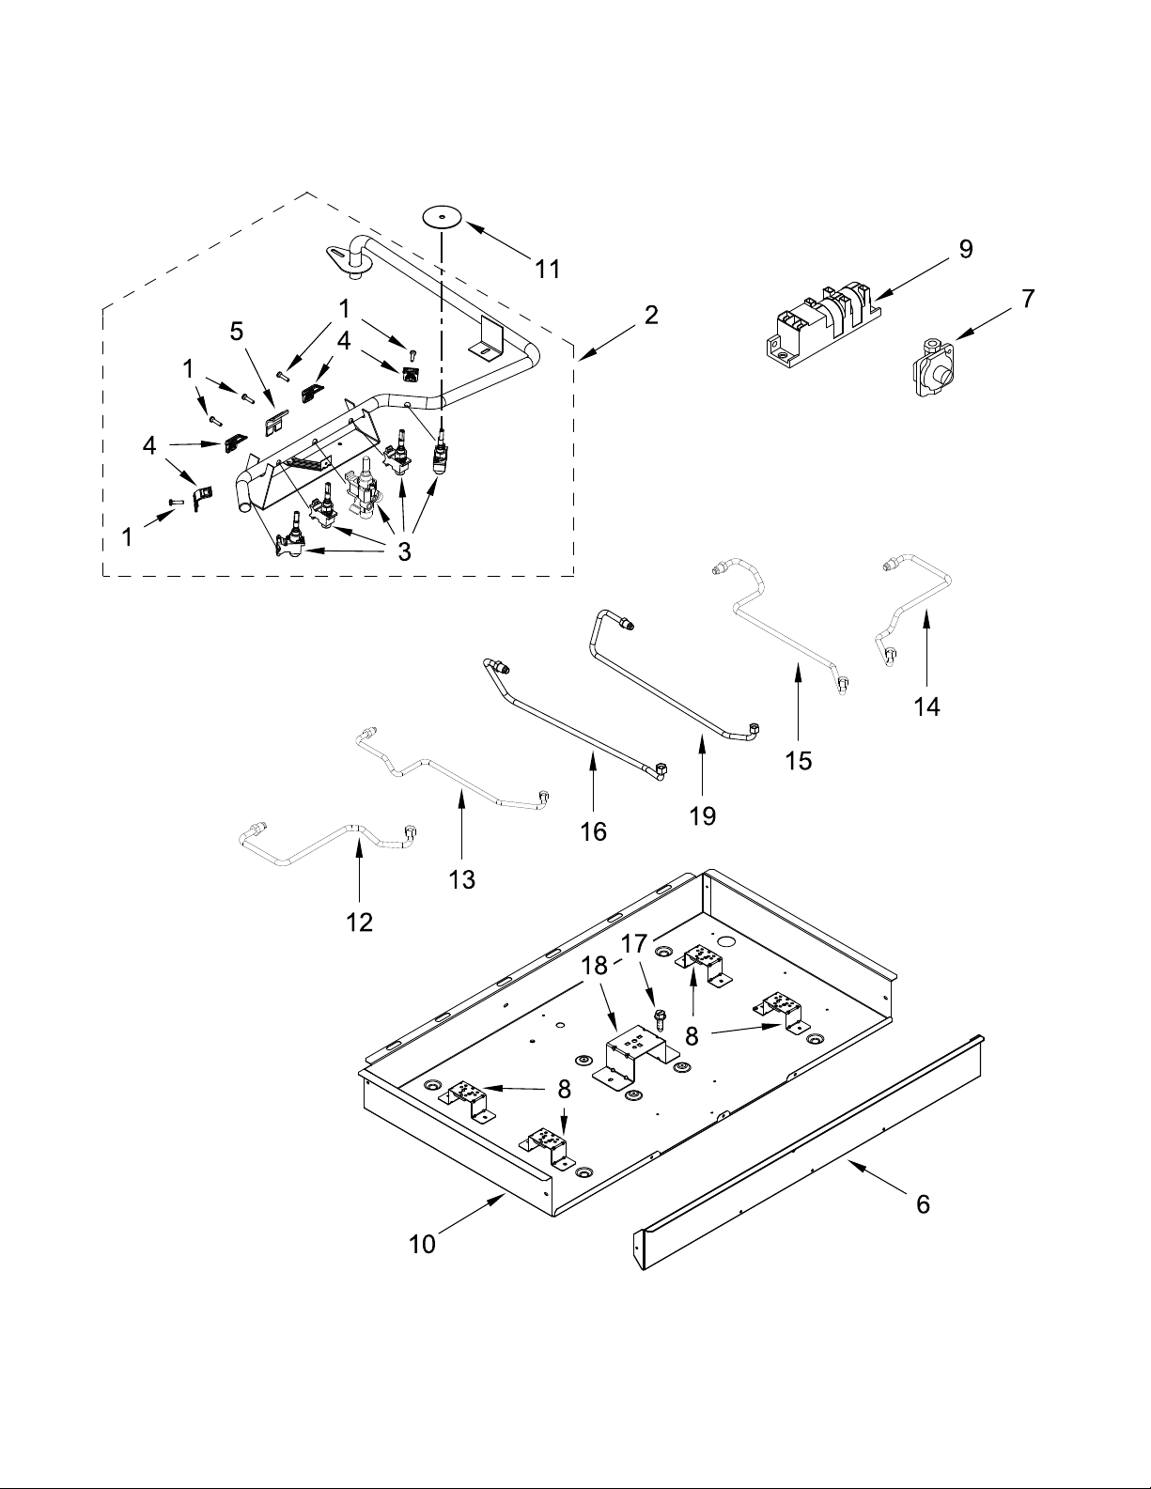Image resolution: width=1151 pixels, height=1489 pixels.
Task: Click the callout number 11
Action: pos(548,270)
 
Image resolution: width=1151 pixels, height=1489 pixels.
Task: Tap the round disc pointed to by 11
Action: pos(443,217)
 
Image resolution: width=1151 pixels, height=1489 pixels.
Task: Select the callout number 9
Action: pos(965,249)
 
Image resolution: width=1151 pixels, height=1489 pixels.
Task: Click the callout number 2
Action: pos(651,315)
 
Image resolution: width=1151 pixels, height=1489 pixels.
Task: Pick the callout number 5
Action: pos(237,331)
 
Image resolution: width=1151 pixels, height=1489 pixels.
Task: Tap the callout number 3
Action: pos(404,551)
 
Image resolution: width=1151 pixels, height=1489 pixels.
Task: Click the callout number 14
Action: pos(926,706)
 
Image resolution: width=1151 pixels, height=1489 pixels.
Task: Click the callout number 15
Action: pos(799,761)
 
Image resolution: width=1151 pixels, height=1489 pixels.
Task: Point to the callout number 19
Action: pos(703,815)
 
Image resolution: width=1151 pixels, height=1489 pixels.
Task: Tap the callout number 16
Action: pos(593,831)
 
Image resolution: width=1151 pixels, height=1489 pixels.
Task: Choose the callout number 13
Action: pos(461,879)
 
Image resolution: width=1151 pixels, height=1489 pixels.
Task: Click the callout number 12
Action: pos(360,923)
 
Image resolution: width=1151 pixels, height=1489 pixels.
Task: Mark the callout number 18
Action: pos(595,966)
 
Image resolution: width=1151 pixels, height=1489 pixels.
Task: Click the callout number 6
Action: pos(923,1204)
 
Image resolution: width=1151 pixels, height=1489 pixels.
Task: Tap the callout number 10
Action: pos(422,1245)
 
